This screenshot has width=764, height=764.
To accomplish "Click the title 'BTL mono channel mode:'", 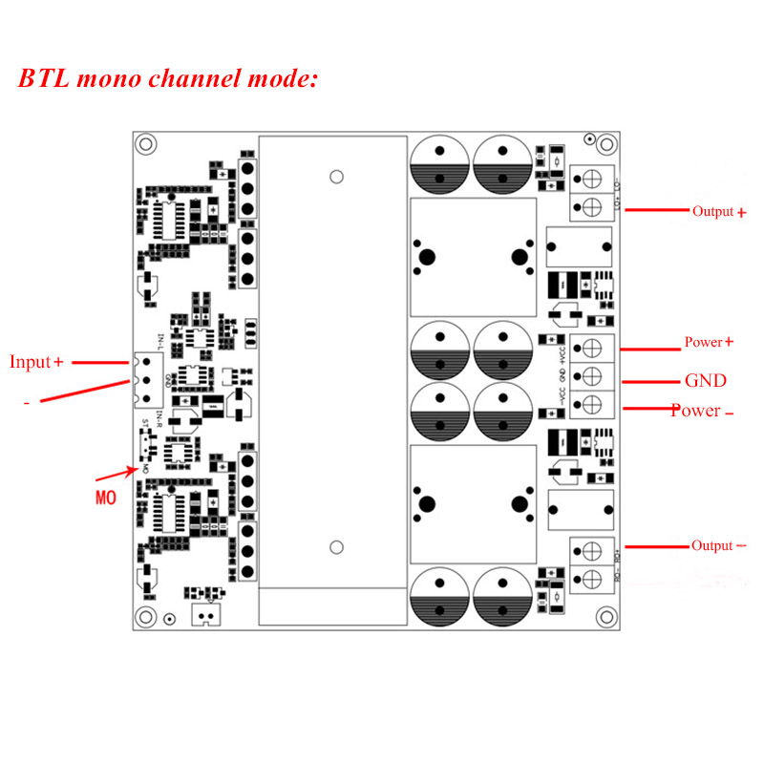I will tap(167, 78).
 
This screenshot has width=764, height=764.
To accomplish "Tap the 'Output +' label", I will tap(719, 212).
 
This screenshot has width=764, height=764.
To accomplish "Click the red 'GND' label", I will tap(706, 381).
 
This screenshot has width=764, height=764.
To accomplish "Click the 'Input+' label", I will tap(36, 362).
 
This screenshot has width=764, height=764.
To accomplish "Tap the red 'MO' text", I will tap(106, 498).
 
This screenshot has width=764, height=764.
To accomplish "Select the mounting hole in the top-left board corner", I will tap(145, 144).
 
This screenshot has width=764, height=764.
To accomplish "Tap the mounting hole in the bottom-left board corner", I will tap(145, 617).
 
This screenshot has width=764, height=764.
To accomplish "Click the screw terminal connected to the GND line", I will tap(591, 375).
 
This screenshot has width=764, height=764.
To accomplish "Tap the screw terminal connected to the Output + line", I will tap(591, 204).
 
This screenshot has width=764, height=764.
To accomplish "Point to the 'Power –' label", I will tap(702, 411).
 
